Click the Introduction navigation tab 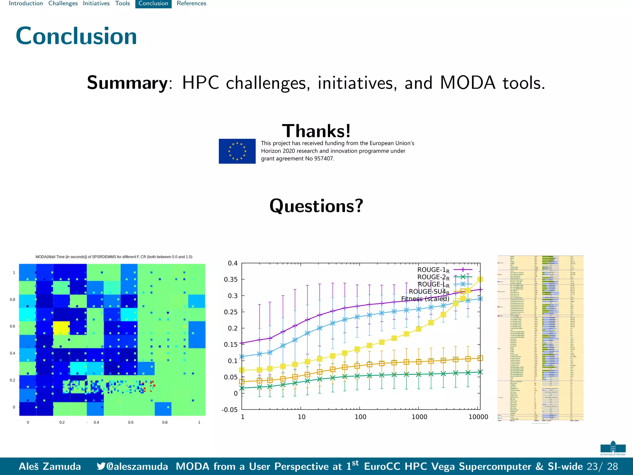coord(26,3)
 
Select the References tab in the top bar coord(191,3)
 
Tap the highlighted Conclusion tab coord(153,3)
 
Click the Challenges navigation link coord(63,3)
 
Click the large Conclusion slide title coord(76,36)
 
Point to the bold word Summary coord(127,83)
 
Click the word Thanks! coord(316,131)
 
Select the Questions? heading coord(316,206)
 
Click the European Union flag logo coord(237,151)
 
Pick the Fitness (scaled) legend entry coord(425,299)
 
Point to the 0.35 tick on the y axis coord(231,280)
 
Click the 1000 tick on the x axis coord(419,417)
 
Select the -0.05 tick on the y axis coord(229,410)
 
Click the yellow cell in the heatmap coord(61,328)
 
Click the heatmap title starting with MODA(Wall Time coord(114,257)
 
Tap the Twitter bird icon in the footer coord(101,466)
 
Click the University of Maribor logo coord(613,448)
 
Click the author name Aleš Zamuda coord(50,466)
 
